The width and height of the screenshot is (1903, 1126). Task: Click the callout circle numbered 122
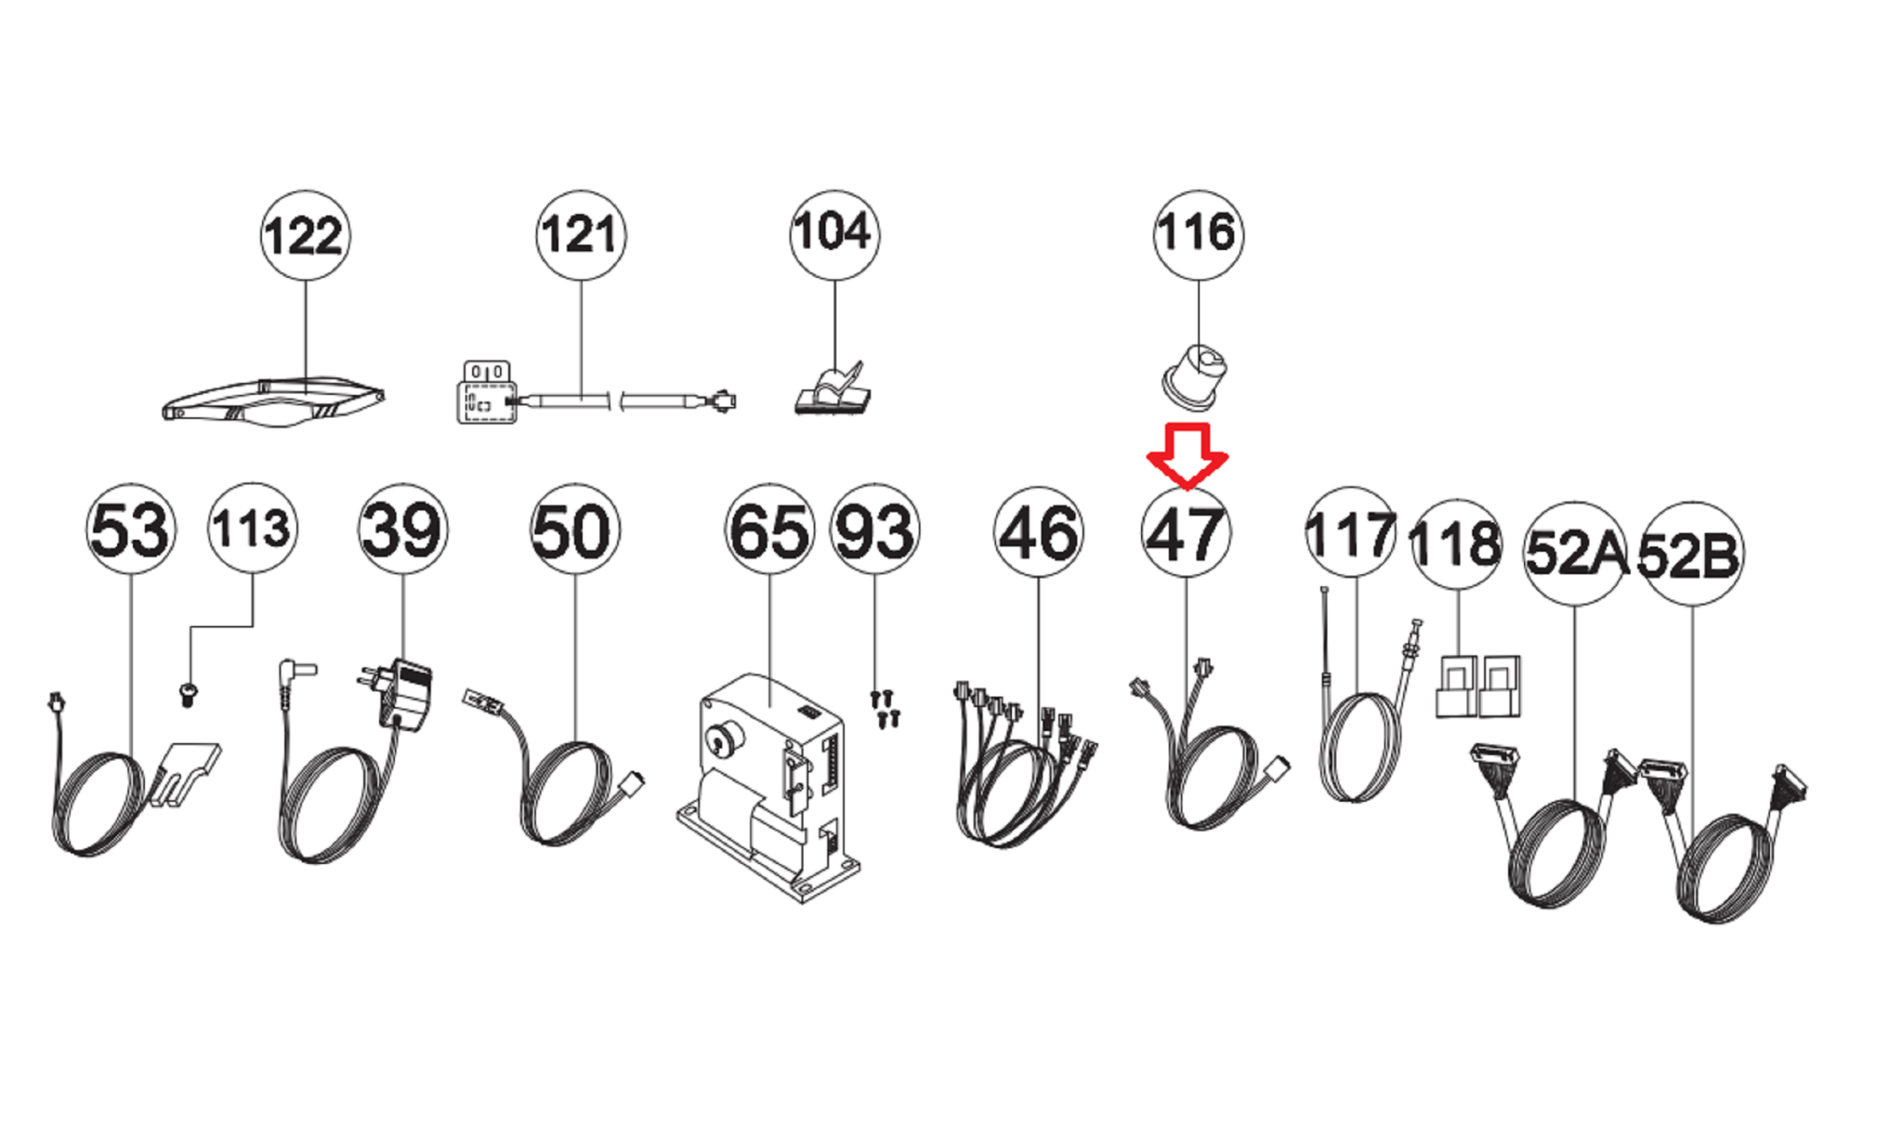305,236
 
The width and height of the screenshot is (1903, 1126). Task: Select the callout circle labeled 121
581,235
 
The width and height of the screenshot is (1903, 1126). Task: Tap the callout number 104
833,233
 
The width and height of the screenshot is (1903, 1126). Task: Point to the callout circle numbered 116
1198,233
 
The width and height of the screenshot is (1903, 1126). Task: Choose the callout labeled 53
130,529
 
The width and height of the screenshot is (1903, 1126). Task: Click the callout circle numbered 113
253,528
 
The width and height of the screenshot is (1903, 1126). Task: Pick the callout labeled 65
769,530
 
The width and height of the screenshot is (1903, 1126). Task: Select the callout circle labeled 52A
1575,554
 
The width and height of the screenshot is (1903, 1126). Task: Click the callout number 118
1456,543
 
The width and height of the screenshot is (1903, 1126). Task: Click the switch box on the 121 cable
487,393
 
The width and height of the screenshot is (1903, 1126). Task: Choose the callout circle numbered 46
1038,532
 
